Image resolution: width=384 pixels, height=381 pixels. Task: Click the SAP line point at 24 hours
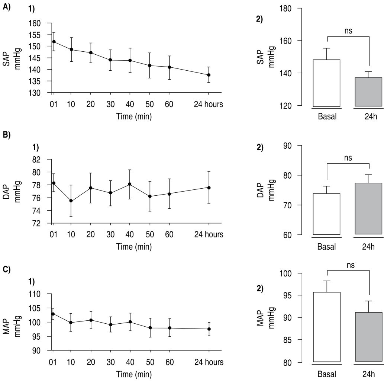click(x=209, y=75)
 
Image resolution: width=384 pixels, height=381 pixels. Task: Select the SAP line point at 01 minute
click(x=54, y=42)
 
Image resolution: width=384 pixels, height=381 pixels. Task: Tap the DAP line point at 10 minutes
click(x=71, y=201)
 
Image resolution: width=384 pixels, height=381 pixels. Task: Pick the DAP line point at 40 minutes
click(x=129, y=184)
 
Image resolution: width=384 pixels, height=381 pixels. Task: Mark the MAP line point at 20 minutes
click(x=91, y=320)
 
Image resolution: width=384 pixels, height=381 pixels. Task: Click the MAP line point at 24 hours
click(x=209, y=329)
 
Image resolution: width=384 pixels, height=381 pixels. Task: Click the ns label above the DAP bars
click(x=348, y=158)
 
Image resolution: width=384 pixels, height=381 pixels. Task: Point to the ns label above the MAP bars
click(x=348, y=265)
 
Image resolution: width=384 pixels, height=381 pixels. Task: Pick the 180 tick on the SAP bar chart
click(x=285, y=8)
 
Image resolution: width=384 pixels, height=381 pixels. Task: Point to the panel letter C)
click(x=6, y=269)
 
